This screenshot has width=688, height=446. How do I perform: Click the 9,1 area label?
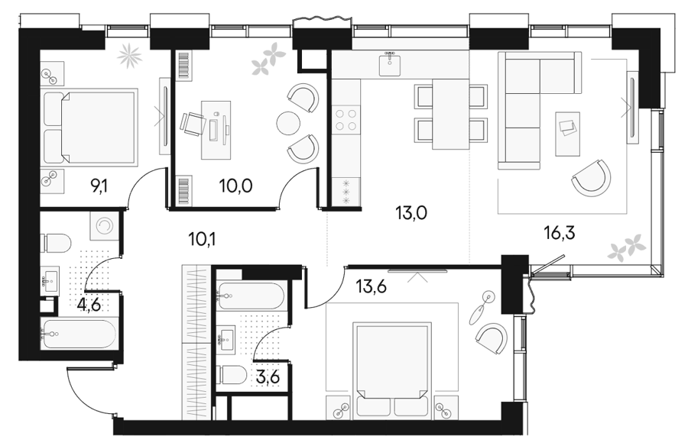pyautogui.click(x=99, y=187)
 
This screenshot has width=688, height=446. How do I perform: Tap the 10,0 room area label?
pyautogui.click(x=235, y=186)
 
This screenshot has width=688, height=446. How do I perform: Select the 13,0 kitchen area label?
pyautogui.click(x=411, y=213)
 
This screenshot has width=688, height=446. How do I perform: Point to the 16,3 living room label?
pyautogui.click(x=559, y=233)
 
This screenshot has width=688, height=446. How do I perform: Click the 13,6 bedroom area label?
pyautogui.click(x=372, y=288)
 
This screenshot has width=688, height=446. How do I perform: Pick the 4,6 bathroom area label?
pyautogui.click(x=89, y=304)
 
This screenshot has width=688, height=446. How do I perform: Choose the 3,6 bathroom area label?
pyautogui.click(x=268, y=377)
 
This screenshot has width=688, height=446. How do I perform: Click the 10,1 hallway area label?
pyautogui.click(x=203, y=240)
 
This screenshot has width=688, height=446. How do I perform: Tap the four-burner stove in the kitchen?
pyautogui.click(x=346, y=120)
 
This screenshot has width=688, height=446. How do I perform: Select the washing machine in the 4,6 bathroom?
pyautogui.click(x=105, y=226)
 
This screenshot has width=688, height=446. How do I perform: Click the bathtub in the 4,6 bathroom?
pyautogui.click(x=78, y=334)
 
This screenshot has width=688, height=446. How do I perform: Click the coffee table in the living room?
pyautogui.click(x=567, y=134)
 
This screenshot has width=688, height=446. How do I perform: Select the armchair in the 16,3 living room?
pyautogui.click(x=592, y=179)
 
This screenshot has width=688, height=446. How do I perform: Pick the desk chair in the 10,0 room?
pyautogui.click(x=193, y=124)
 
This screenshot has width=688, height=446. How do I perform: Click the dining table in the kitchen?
pyautogui.click(x=450, y=114)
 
